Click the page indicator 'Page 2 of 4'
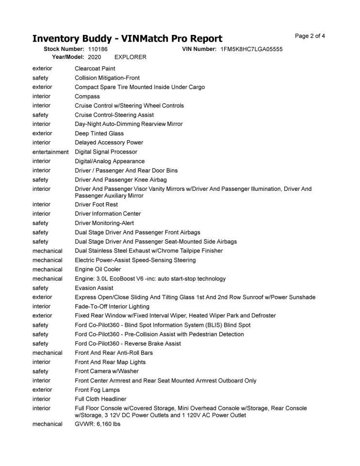pos(310,36)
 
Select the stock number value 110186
pos(98,49)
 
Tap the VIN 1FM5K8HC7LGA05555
pos(251,49)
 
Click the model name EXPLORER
pos(130,57)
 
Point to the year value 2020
pos(95,57)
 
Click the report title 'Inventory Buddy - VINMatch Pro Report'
pos(127,39)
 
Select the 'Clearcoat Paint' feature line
pos(95,68)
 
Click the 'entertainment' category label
pos(50,152)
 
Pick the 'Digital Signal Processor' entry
pos(106,152)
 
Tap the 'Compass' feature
pos(87,96)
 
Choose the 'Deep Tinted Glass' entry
pos(99,133)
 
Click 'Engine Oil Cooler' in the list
pos(98,269)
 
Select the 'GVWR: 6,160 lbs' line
pos(98,424)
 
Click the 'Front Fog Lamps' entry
pos(97,390)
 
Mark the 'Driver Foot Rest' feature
pos(96,204)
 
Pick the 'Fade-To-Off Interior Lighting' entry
pos(112,306)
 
